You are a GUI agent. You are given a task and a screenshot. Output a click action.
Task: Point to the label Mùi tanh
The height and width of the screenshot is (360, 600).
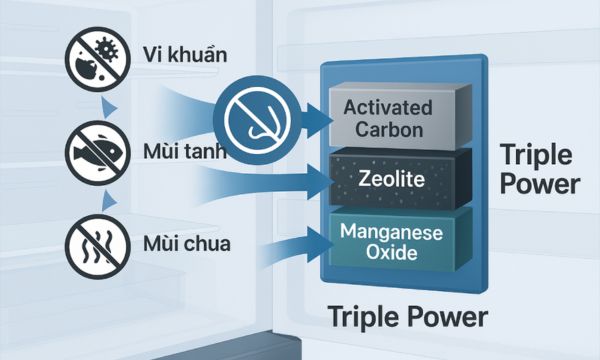[x=184, y=153]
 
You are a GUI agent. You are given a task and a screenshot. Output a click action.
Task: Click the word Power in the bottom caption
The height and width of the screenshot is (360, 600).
[x=447, y=318]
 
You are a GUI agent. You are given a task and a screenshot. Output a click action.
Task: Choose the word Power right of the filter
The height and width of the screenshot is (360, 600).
[x=540, y=185]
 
